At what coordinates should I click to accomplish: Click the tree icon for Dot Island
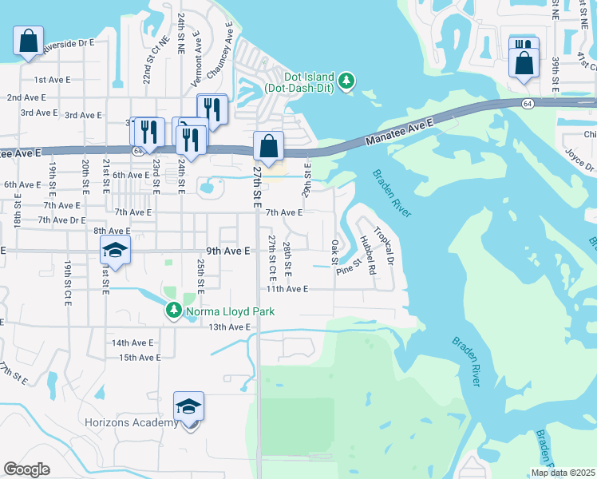click(346, 81)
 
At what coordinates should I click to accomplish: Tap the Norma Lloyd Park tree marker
click(173, 310)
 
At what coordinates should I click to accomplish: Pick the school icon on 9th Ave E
click(115, 251)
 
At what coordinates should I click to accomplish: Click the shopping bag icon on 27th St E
click(269, 147)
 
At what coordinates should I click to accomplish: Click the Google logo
click(26, 469)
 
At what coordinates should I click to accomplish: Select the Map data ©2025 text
click(562, 473)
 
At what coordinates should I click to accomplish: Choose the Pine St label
click(350, 266)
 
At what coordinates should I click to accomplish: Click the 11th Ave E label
click(287, 289)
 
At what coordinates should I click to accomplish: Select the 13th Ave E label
click(230, 327)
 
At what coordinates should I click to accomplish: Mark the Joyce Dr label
click(579, 159)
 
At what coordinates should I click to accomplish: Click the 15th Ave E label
click(140, 358)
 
